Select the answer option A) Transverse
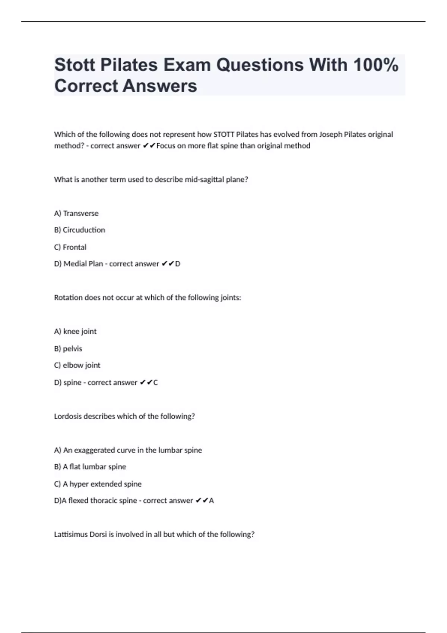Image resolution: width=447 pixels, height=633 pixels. pos(76,213)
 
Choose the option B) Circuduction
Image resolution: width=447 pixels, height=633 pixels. pos(80,230)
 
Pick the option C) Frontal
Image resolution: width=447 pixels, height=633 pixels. pos(70,247)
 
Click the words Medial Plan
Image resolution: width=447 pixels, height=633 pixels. pos(83,264)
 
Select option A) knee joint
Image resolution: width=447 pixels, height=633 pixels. pos(75,331)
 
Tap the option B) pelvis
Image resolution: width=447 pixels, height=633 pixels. pos(68,349)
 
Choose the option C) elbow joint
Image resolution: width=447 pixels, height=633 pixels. pos(77,365)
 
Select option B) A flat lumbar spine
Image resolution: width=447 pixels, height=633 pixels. pos(90,467)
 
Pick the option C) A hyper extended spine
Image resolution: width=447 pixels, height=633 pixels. pos(98,484)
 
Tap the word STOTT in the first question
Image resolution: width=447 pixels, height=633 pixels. pos(224,134)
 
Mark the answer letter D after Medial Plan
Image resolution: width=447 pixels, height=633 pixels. pos(178,264)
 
